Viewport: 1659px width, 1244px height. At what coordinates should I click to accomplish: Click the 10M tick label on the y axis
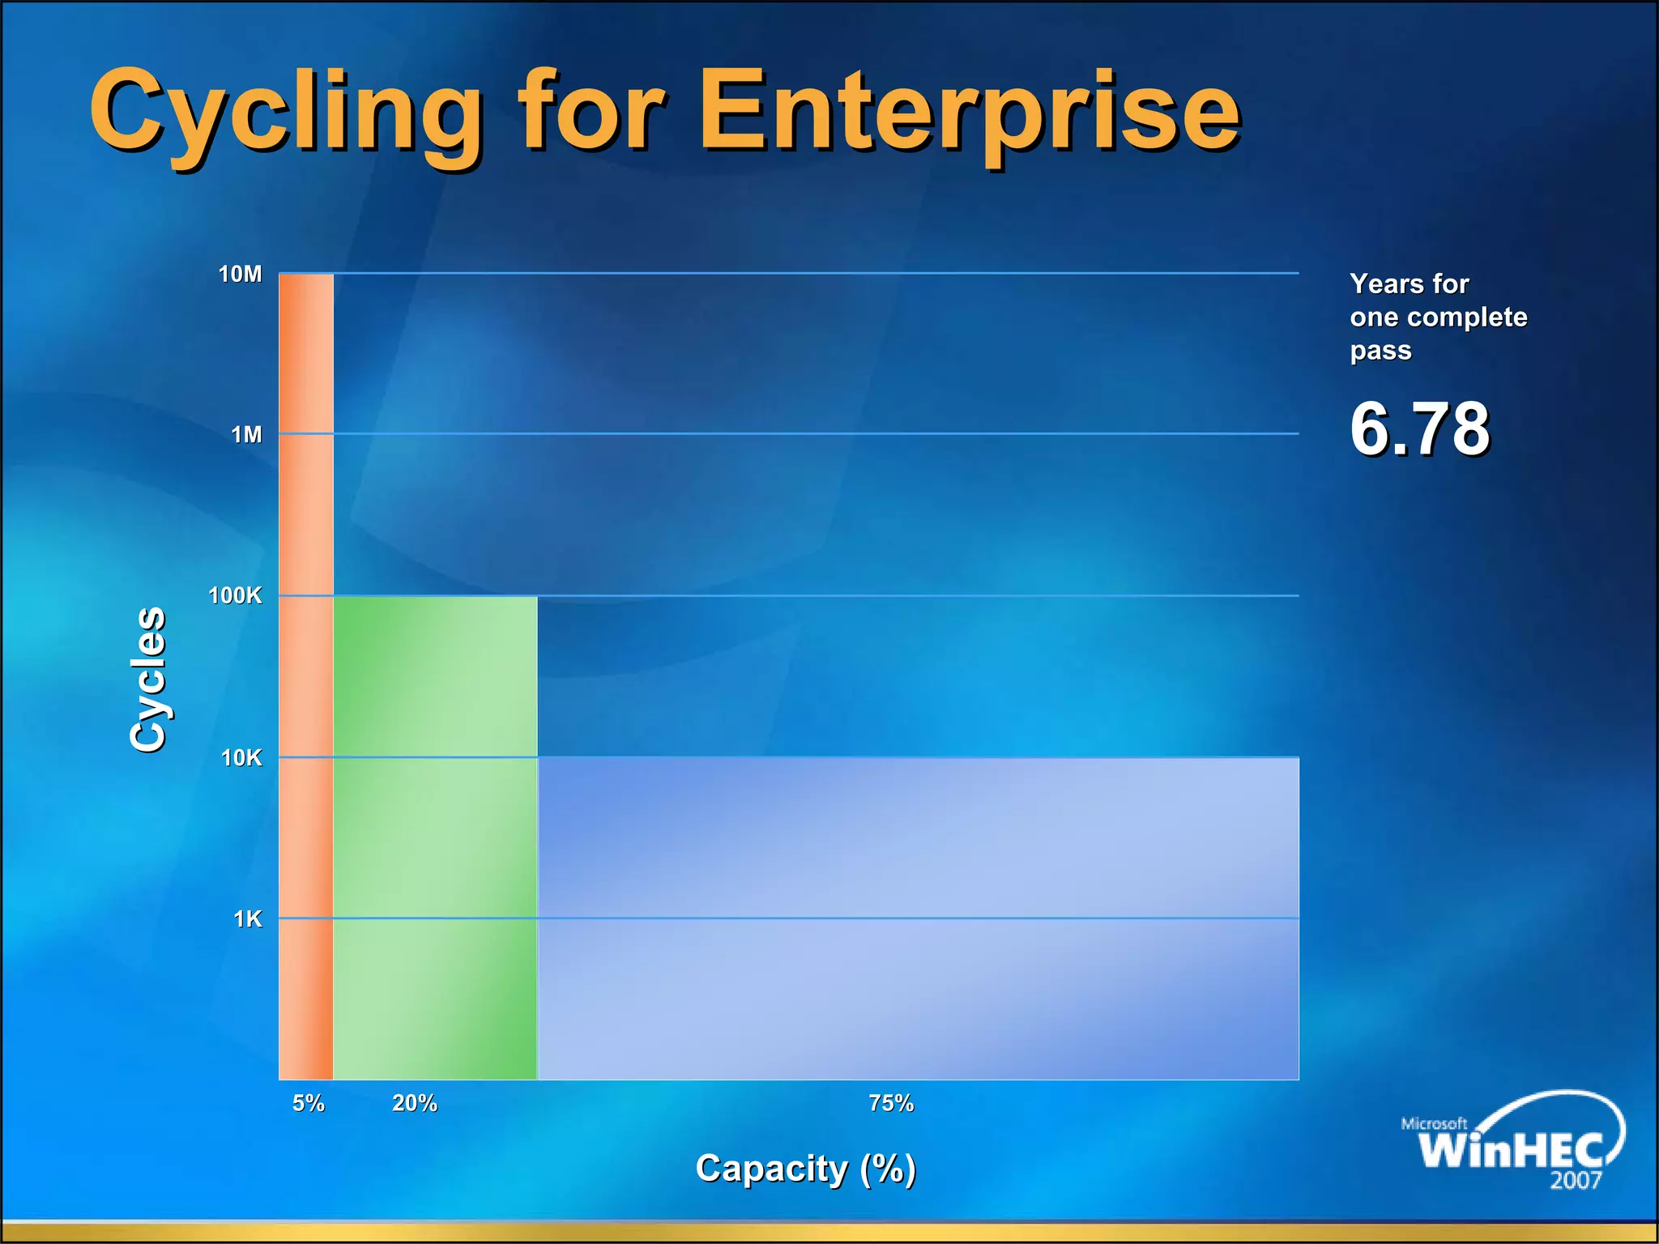point(241,275)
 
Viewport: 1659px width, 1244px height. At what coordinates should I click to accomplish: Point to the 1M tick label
point(246,435)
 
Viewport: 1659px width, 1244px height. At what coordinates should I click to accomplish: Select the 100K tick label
point(235,596)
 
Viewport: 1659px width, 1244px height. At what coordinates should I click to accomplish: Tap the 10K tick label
point(241,758)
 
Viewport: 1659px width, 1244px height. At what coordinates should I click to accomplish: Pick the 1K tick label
point(248,919)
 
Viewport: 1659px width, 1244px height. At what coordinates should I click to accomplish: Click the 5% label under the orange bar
point(308,1103)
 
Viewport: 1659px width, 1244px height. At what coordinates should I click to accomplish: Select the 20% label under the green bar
point(415,1103)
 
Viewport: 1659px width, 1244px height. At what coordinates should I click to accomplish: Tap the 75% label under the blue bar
point(891,1103)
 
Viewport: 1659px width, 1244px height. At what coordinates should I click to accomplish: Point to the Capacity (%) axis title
point(805,1169)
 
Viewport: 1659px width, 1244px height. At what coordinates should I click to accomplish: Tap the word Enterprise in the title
point(969,113)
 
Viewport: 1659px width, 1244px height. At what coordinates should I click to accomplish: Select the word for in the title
point(591,113)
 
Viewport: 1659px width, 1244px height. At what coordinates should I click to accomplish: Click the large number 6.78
point(1419,428)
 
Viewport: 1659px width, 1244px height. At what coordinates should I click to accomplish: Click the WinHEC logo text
point(1510,1148)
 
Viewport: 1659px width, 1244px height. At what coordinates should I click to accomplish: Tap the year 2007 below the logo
point(1576,1181)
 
